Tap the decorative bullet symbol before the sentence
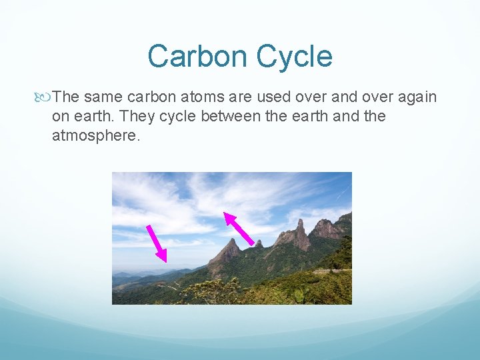click(x=45, y=97)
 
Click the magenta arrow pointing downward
click(x=157, y=243)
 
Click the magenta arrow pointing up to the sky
click(x=238, y=228)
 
